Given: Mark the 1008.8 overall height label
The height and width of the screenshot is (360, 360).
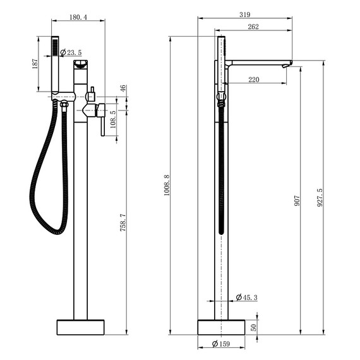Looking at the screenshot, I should tap(167, 185).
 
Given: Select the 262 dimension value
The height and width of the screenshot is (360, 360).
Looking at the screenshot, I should tap(253, 27).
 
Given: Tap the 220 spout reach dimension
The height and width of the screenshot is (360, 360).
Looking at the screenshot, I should tap(254, 80).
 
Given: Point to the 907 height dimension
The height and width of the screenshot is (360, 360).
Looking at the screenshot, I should tap(297, 201).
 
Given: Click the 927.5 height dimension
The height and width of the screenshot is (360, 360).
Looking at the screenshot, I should tap(320, 197).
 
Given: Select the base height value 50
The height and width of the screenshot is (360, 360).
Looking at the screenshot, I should tap(254, 327).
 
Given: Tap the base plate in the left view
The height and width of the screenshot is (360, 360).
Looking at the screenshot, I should tap(81, 327).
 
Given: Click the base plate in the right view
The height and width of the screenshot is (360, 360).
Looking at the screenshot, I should tap(221, 327).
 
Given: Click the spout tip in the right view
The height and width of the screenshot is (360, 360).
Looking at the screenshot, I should tap(288, 63).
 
